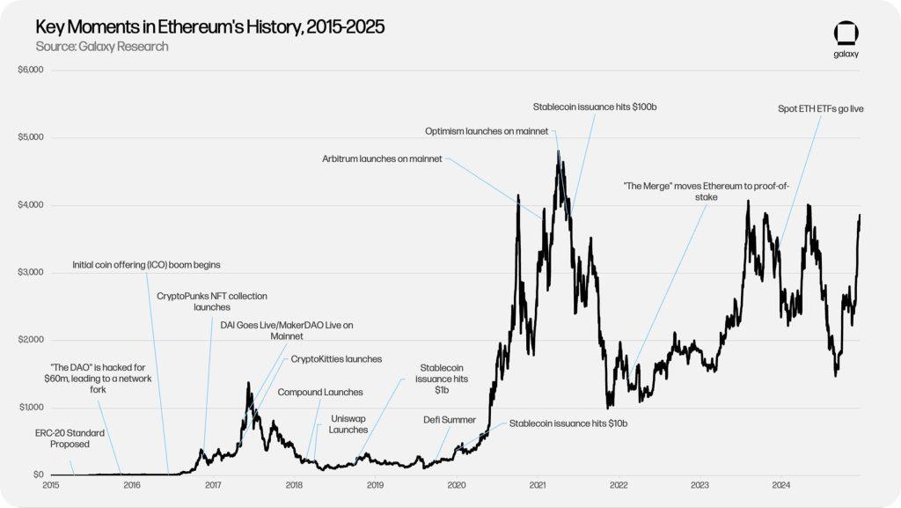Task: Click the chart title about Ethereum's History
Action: tap(210, 27)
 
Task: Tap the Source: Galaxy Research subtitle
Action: tap(102, 46)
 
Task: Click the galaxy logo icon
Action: tap(846, 34)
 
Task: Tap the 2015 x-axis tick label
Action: tap(50, 485)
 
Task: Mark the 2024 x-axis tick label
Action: tap(780, 485)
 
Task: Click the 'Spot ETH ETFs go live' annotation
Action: tap(820, 109)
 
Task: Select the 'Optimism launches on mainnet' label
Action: tap(487, 131)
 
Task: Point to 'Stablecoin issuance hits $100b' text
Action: tap(595, 107)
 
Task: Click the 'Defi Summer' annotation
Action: tap(450, 420)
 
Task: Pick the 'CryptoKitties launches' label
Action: tap(336, 359)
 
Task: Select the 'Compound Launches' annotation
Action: tap(320, 392)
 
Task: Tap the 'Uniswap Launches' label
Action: tap(348, 423)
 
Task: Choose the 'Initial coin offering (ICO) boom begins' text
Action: tap(146, 264)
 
